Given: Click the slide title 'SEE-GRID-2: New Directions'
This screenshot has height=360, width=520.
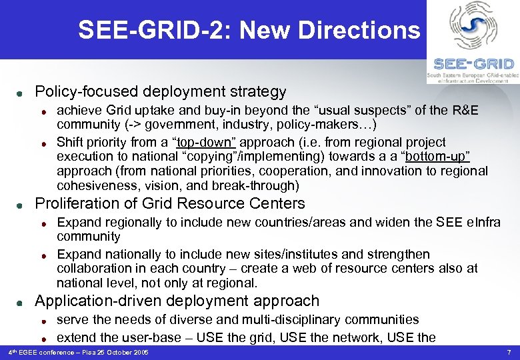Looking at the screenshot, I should [249, 30].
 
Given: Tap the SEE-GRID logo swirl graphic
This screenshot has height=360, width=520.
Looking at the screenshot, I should [473, 27].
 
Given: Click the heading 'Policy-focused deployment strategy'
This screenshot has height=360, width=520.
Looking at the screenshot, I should [160, 91].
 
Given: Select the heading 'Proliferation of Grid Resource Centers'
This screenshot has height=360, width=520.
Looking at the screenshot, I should [169, 203].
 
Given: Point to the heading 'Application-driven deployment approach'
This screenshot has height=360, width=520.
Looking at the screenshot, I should [177, 301].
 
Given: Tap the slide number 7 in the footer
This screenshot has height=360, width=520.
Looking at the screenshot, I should [509, 351].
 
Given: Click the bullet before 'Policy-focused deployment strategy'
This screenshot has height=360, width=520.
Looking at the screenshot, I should [21, 93].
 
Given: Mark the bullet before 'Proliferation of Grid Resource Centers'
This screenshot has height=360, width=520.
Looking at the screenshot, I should [21, 205].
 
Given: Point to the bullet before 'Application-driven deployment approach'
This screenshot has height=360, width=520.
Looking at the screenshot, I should [21, 302].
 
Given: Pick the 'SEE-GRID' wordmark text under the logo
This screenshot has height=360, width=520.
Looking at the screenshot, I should [473, 64].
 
